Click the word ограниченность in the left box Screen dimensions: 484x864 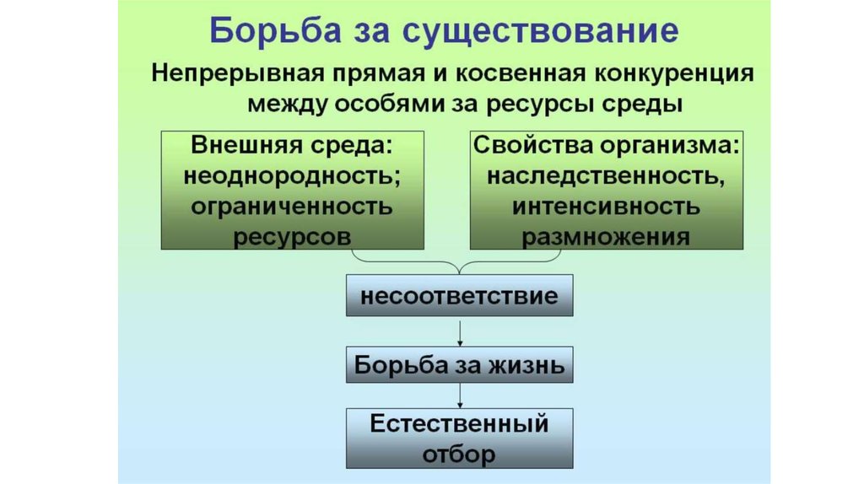[x=291, y=206]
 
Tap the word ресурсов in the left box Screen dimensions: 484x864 [x=291, y=236]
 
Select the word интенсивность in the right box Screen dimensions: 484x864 [x=606, y=206]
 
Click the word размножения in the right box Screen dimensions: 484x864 [x=606, y=236]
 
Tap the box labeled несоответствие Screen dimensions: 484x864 [x=459, y=296]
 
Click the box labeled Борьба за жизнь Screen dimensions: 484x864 [x=459, y=365]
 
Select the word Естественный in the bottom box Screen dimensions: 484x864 [x=459, y=422]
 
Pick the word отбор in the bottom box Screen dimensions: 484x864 [x=459, y=454]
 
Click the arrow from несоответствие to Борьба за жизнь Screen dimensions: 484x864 [x=459, y=331]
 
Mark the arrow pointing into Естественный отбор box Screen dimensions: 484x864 [x=459, y=396]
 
